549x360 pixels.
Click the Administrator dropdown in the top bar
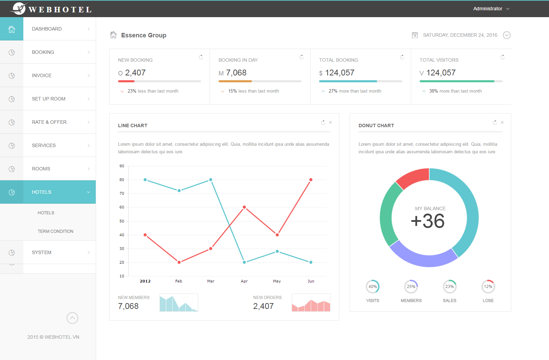click(491, 9)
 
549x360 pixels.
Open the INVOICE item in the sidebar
click(42, 75)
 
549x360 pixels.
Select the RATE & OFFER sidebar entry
click(49, 122)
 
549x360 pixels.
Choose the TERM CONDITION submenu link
click(55, 231)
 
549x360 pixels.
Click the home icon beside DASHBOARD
click(12, 29)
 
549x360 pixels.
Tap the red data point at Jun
click(311, 180)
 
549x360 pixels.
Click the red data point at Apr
click(244, 207)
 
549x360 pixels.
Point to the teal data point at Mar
click(211, 180)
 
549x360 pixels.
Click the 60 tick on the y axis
click(122, 207)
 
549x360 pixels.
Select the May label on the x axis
click(277, 281)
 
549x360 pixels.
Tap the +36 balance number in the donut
click(428, 221)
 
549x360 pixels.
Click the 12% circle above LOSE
click(488, 287)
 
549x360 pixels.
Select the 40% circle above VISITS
click(373, 287)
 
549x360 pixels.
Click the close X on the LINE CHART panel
click(330, 122)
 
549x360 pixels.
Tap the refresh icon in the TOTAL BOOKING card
click(402, 57)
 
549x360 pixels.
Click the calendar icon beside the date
click(415, 35)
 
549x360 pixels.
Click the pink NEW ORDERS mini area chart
click(311, 303)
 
